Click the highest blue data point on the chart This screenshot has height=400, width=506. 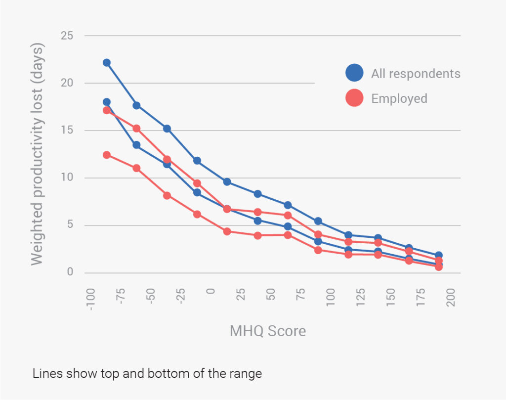[x=107, y=63]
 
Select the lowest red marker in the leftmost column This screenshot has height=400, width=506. [x=107, y=155]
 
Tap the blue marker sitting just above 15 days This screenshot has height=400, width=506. [x=167, y=129]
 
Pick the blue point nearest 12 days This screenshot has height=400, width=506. [x=197, y=161]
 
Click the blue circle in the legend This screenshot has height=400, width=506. [x=354, y=73]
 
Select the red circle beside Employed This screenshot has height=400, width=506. [x=354, y=98]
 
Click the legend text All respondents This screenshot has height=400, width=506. [x=416, y=74]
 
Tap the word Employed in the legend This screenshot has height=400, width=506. [x=399, y=98]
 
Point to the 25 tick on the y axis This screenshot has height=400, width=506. [x=67, y=36]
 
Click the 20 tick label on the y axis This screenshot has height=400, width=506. [x=67, y=83]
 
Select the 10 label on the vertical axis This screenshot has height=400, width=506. [x=67, y=178]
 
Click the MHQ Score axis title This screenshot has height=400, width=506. [x=268, y=331]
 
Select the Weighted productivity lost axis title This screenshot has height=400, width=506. [x=38, y=154]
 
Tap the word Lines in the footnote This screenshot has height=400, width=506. [x=44, y=374]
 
